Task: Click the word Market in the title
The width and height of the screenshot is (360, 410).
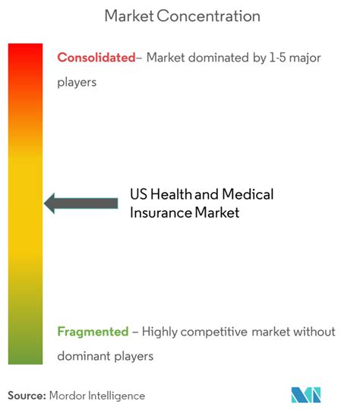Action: (129, 16)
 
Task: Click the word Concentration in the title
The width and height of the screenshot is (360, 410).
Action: (209, 16)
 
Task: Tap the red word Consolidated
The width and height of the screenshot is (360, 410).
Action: (96, 58)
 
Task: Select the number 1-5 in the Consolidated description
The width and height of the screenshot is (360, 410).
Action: (277, 58)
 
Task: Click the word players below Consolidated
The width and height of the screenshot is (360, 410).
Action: (77, 83)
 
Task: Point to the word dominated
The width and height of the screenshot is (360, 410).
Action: (219, 58)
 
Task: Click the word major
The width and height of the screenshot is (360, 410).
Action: (305, 58)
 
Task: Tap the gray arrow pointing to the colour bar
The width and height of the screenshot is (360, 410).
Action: (81, 203)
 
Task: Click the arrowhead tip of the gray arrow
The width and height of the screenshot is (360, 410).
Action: (44, 203)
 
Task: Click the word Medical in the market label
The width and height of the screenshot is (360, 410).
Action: (248, 194)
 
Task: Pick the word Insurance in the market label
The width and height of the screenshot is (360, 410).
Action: (161, 213)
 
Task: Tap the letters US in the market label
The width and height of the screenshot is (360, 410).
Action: (139, 194)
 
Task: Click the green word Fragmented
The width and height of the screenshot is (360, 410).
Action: (93, 332)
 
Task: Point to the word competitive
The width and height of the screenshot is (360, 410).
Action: (213, 332)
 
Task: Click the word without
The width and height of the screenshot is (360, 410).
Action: (314, 332)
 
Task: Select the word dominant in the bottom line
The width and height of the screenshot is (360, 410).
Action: (84, 356)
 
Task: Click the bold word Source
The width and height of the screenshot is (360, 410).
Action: (27, 396)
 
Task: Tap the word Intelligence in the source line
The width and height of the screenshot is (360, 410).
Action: (116, 396)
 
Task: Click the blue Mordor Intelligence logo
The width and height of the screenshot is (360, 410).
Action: (306, 395)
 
